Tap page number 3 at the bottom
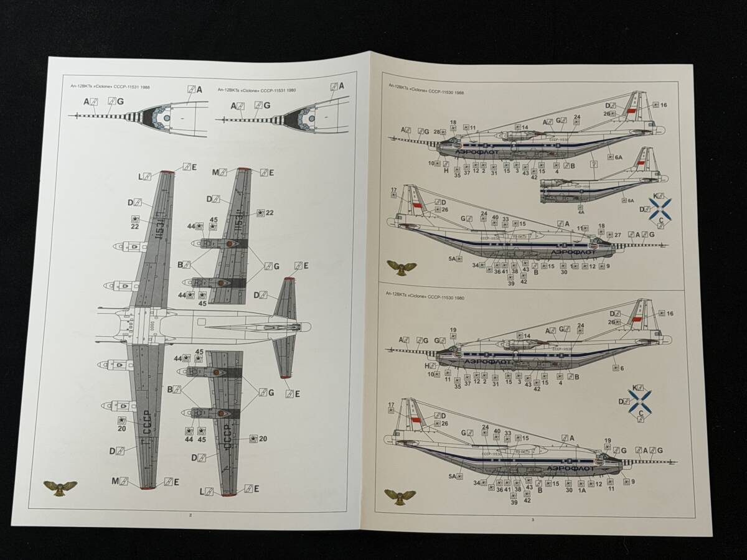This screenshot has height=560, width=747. tap(532, 519)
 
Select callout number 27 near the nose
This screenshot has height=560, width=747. tap(618, 235)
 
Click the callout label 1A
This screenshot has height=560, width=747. tap(583, 490)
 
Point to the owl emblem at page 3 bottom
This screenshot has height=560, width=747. tap(400, 496)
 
